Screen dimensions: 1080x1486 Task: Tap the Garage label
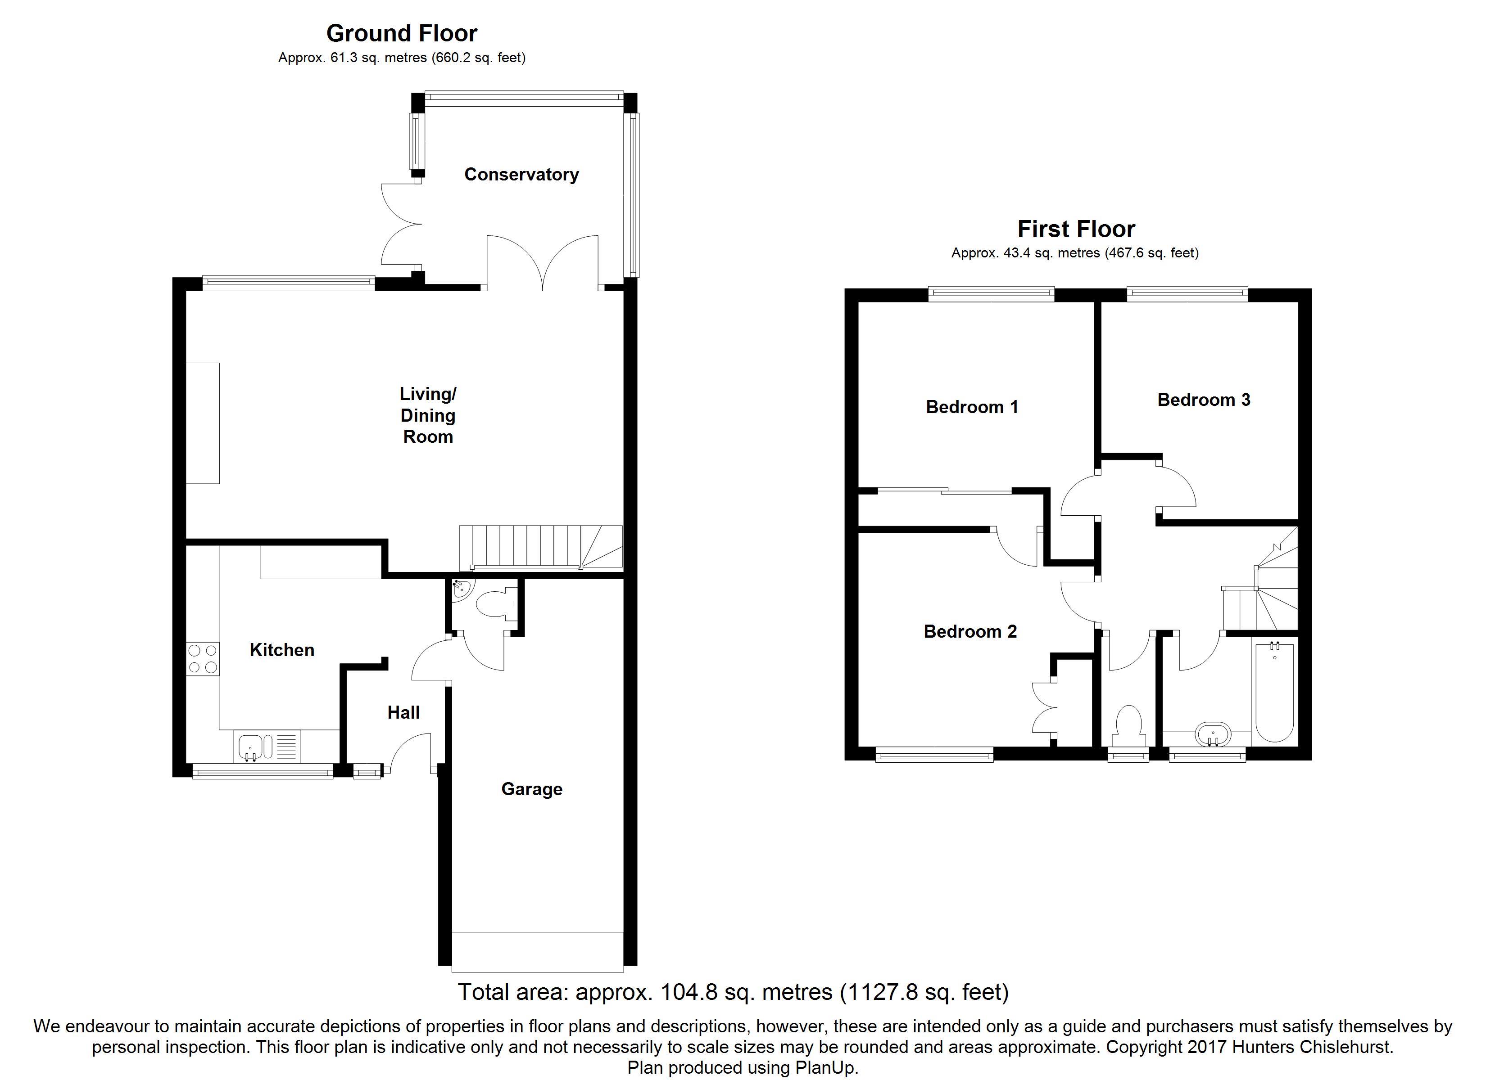[x=531, y=789]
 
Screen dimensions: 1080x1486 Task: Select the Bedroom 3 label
[x=1204, y=400]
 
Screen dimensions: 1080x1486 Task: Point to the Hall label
[x=403, y=713]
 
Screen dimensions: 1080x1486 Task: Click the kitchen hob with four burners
[x=203, y=659]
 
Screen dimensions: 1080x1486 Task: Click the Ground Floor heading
[x=402, y=33]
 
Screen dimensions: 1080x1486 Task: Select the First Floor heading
[x=1076, y=229]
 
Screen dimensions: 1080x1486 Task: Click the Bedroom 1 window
[x=991, y=294]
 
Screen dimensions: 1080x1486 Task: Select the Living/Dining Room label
[x=428, y=415]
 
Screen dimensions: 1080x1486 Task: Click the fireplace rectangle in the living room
[x=203, y=423]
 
